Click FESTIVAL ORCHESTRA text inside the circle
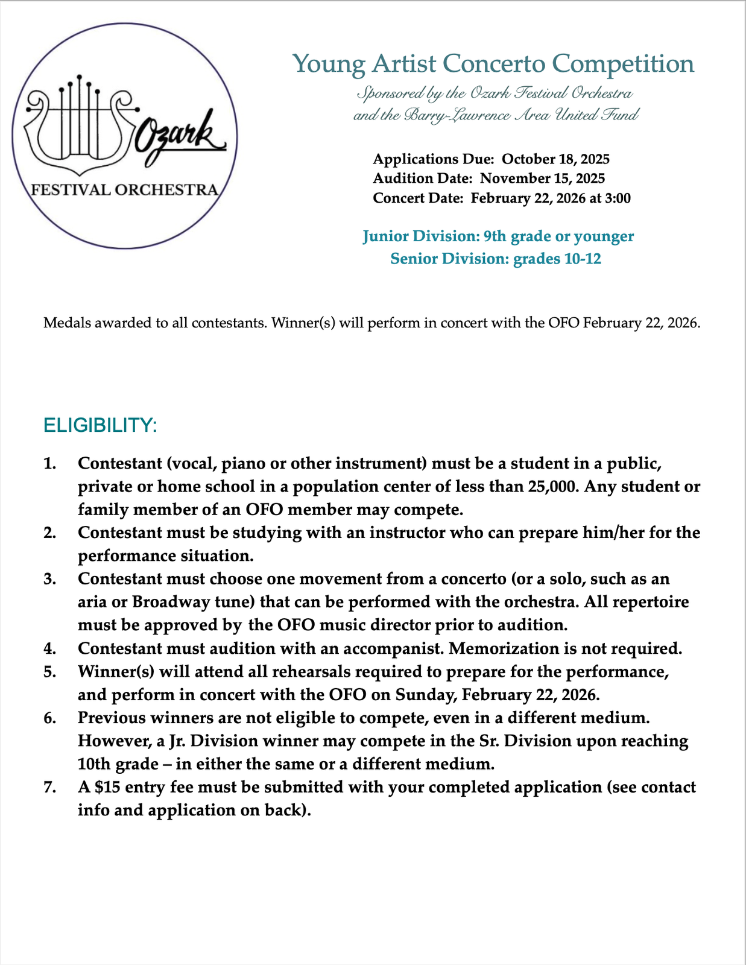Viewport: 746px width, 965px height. point(124,190)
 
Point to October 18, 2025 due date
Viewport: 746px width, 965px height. point(555,159)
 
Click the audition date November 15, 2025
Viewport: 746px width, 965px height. point(542,179)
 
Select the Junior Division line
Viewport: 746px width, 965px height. point(498,236)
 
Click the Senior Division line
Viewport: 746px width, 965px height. point(496,259)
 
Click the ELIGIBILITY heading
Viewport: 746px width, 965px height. point(100,425)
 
